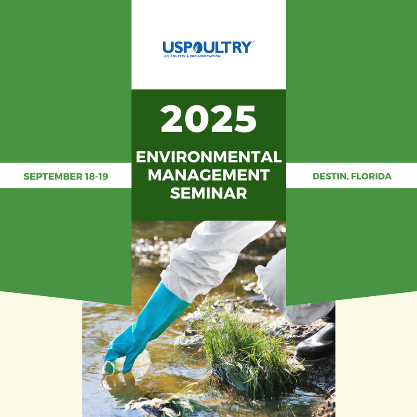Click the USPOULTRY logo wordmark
(x=207, y=47)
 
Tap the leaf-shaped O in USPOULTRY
(x=198, y=47)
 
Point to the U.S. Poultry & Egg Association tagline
(x=192, y=56)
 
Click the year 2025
(x=208, y=119)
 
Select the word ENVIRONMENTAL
(x=208, y=157)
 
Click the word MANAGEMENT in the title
(x=208, y=175)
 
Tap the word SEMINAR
(x=208, y=193)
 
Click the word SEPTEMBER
(x=53, y=176)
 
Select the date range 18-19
(x=97, y=176)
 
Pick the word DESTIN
(x=330, y=176)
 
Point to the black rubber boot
(x=316, y=342)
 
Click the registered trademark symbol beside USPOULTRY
(x=253, y=42)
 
